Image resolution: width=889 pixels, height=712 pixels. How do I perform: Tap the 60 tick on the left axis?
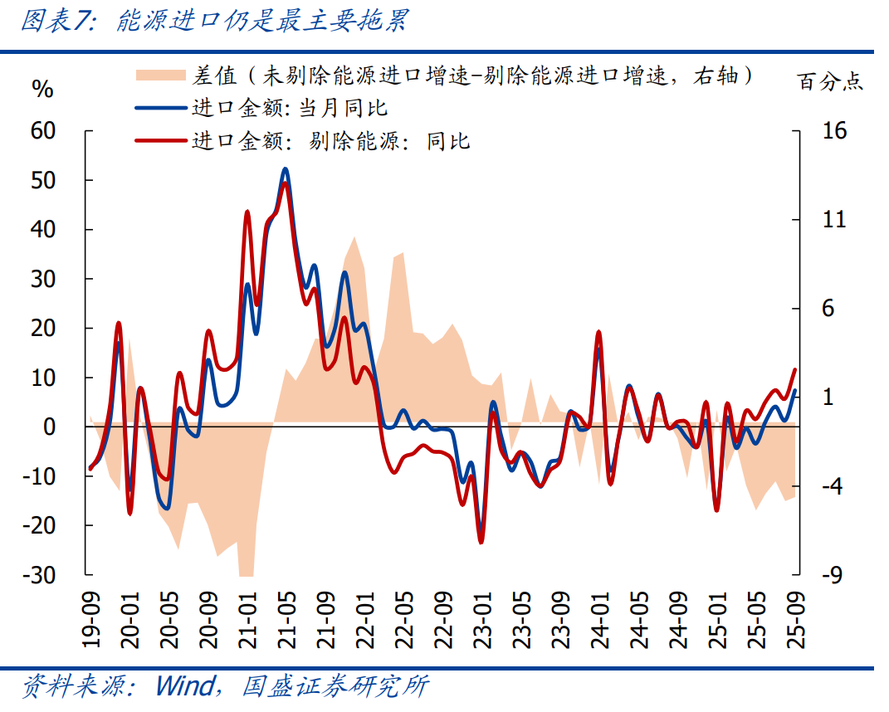(x=42, y=131)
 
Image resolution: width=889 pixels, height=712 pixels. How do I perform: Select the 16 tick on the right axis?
(x=833, y=131)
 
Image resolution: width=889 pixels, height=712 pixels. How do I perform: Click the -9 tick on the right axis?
(x=833, y=575)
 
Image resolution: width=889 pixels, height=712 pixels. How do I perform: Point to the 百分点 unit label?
(x=829, y=80)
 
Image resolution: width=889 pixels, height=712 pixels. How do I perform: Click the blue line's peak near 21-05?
(x=285, y=169)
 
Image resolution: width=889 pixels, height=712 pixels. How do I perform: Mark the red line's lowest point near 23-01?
(x=481, y=542)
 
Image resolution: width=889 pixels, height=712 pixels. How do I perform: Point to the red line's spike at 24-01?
(x=598, y=332)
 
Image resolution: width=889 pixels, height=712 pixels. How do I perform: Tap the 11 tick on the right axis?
(x=833, y=220)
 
